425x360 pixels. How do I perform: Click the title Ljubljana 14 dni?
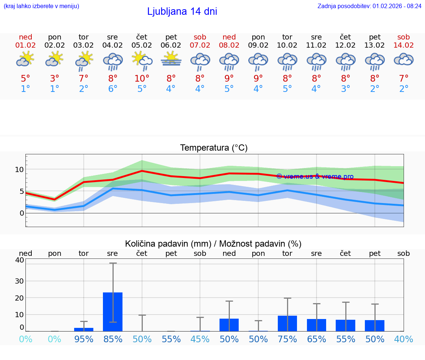click(x=182, y=11)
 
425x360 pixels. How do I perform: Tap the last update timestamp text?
click(x=369, y=6)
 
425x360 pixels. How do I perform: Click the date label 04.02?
click(x=113, y=45)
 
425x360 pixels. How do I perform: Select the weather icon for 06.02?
click(x=171, y=59)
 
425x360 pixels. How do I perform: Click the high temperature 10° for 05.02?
click(x=142, y=79)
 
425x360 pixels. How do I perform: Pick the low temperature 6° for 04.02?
click(x=113, y=89)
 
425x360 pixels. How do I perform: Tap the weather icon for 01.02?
click(x=25, y=59)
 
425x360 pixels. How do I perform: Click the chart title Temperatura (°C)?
click(x=214, y=148)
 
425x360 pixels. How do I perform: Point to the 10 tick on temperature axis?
click(x=19, y=169)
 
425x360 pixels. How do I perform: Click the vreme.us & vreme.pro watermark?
click(x=315, y=176)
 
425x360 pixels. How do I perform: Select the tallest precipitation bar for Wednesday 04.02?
click(x=113, y=312)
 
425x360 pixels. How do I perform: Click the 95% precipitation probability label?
click(x=84, y=339)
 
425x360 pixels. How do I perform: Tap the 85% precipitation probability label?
click(x=113, y=339)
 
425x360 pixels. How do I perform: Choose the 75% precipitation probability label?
click(x=287, y=339)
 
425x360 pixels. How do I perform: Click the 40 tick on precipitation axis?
click(x=19, y=260)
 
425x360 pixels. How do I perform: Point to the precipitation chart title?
click(x=213, y=244)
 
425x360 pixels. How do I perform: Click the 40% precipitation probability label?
click(x=404, y=339)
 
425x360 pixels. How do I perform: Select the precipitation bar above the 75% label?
click(x=287, y=323)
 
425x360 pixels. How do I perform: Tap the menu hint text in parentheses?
click(x=41, y=6)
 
